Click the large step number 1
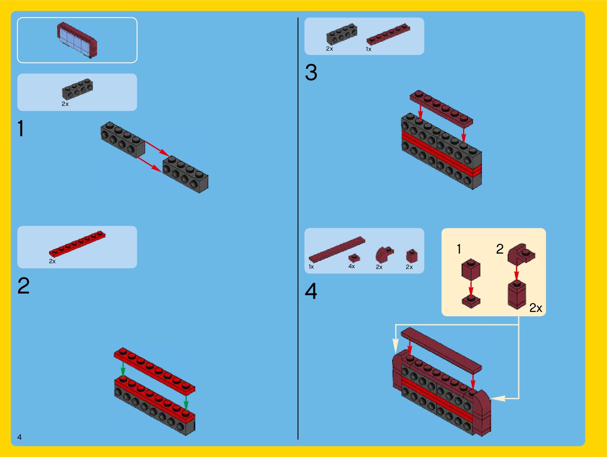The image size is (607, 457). click(x=21, y=129)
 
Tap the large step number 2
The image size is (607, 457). click(x=23, y=286)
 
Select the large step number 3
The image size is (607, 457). click(x=311, y=73)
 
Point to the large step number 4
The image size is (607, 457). click(x=311, y=291)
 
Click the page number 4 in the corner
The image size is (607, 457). click(x=19, y=437)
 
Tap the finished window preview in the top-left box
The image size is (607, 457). click(x=77, y=40)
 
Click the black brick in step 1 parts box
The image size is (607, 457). click(x=77, y=89)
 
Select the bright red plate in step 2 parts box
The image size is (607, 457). click(x=77, y=244)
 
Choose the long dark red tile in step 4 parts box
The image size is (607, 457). click(x=337, y=249)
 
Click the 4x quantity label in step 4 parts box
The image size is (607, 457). click(x=351, y=266)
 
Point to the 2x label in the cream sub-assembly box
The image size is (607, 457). click(x=536, y=308)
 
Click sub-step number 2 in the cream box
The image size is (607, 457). click(x=500, y=249)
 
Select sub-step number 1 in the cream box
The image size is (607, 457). click(x=459, y=249)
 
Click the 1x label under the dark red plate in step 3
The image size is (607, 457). click(x=368, y=49)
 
